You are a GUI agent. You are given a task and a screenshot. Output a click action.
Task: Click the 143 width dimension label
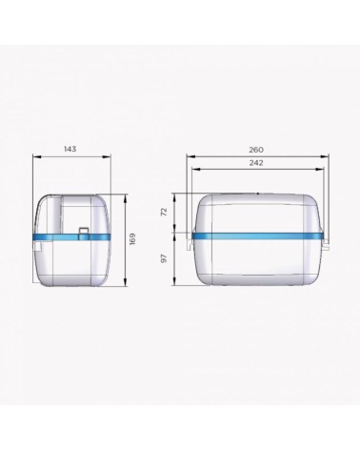(70, 149)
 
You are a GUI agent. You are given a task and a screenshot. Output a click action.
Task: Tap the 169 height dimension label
(132, 239)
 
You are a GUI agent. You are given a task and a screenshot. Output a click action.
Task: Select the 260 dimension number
(256, 150)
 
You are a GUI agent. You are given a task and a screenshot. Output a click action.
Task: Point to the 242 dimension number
(256, 163)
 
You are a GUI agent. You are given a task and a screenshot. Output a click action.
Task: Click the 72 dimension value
(164, 212)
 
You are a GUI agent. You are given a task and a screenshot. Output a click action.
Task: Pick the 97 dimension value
(164, 258)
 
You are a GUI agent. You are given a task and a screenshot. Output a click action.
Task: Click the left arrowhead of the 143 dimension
(37, 156)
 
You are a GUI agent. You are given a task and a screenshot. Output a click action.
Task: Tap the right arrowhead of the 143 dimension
(107, 156)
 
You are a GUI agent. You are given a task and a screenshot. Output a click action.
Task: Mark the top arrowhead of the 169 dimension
(126, 198)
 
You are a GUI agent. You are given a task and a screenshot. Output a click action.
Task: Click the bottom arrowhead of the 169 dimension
(126, 282)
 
